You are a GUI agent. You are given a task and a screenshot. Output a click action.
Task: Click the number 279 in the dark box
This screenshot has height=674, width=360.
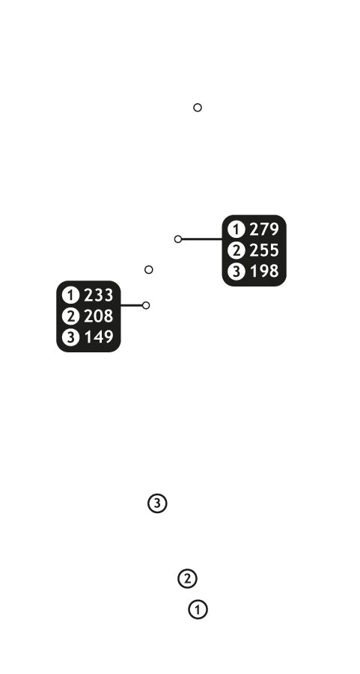pyautogui.click(x=264, y=230)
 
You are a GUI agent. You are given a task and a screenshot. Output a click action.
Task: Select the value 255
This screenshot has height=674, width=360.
pyautogui.click(x=264, y=250)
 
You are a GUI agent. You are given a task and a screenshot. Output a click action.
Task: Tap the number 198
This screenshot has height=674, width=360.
pyautogui.click(x=264, y=272)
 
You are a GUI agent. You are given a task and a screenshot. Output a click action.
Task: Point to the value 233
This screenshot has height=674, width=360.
pyautogui.click(x=99, y=295)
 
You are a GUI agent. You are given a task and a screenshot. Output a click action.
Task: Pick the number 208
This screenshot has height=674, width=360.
pyautogui.click(x=99, y=316)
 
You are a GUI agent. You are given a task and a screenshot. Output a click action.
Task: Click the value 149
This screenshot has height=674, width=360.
pyautogui.click(x=99, y=337)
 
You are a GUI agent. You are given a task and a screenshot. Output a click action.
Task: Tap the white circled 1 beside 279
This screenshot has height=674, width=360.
pyautogui.click(x=236, y=230)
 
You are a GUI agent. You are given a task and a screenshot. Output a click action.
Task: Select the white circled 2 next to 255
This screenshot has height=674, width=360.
pyautogui.click(x=236, y=250)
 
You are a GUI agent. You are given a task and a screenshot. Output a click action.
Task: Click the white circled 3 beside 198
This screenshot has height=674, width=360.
pyautogui.click(x=236, y=272)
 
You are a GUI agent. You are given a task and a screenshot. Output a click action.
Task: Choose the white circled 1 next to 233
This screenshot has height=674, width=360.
pyautogui.click(x=70, y=295)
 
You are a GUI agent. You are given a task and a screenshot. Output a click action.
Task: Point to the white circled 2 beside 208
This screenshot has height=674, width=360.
pyautogui.click(x=70, y=316)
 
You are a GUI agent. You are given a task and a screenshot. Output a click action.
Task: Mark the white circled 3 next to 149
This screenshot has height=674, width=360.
pyautogui.click(x=70, y=337)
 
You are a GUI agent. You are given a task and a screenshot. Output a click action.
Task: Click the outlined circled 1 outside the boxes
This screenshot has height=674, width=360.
pyautogui.click(x=198, y=610)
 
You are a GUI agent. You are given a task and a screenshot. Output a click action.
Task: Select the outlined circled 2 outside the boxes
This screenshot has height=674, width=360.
pyautogui.click(x=187, y=578)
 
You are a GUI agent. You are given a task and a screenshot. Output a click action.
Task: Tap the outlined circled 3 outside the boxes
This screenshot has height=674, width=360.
pyautogui.click(x=157, y=503)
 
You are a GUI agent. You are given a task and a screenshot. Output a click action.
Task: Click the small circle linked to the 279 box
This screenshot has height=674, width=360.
pyautogui.click(x=178, y=239)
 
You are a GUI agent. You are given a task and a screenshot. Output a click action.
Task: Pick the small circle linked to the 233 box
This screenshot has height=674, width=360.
pyautogui.click(x=146, y=305)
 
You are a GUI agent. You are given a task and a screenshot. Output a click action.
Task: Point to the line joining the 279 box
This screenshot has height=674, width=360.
pyautogui.click(x=202, y=239)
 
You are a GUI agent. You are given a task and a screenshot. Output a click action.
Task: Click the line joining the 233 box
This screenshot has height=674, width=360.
pyautogui.click(x=132, y=305)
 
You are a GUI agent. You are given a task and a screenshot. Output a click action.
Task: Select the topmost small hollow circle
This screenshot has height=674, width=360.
pyautogui.click(x=198, y=108)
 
